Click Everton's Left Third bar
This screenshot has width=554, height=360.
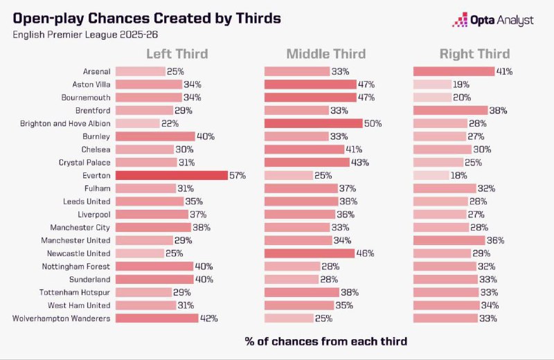pos(171,175)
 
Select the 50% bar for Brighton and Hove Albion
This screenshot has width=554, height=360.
pos(313,123)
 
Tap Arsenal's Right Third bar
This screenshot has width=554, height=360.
pos(454,71)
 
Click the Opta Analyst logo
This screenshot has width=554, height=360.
pos(492,20)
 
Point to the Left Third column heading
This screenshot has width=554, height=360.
pos(177,54)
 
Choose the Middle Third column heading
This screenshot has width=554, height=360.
pos(327,54)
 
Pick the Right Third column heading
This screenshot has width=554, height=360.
pos(474,54)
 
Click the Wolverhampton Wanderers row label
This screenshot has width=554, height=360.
pos(62,318)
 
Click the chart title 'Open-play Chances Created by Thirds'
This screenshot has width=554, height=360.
pos(147,19)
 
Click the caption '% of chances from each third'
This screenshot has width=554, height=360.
pos(325,341)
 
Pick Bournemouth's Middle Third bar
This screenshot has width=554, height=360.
pos(310,97)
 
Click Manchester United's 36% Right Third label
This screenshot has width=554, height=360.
pos(495,240)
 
